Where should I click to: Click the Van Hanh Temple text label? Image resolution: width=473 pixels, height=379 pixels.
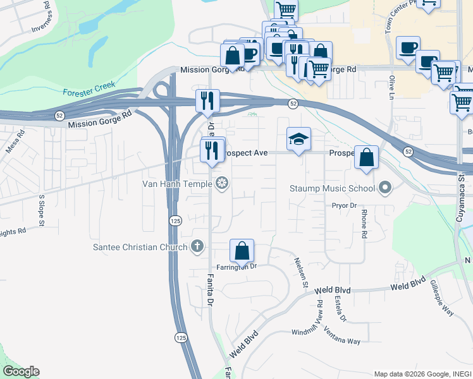[x=178, y=184]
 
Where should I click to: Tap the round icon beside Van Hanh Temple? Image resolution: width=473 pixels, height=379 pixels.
[x=222, y=184]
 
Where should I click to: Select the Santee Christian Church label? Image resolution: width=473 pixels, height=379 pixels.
[x=140, y=247]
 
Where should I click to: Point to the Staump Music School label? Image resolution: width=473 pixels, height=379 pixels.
[x=333, y=188]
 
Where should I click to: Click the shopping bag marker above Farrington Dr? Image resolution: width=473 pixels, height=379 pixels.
[x=242, y=251]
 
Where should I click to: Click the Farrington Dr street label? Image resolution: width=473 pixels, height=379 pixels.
[x=235, y=267]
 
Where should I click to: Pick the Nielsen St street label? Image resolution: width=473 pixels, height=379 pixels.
[x=300, y=274]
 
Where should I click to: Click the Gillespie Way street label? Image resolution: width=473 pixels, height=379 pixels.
[x=443, y=299]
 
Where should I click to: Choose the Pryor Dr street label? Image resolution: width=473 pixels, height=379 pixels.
[x=345, y=205]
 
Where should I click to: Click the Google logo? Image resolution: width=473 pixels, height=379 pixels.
[x=21, y=371]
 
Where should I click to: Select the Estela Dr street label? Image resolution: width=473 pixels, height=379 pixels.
[x=340, y=308]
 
